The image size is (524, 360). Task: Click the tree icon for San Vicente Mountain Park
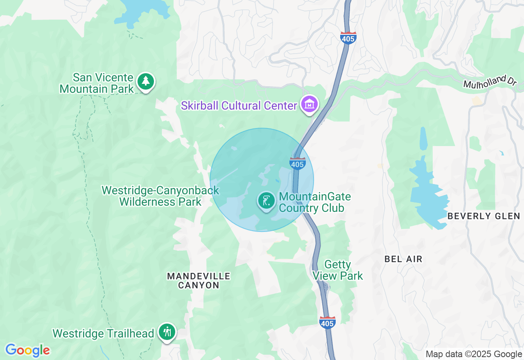145,81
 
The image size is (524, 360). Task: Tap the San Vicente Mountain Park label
97,83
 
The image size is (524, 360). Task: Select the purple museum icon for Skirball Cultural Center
309,104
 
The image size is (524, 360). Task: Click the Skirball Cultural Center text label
239,106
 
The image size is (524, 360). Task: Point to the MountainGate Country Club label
314,202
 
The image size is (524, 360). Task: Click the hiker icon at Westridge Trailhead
167,332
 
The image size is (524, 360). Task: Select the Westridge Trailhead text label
103,333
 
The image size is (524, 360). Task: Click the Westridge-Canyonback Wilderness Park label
160,196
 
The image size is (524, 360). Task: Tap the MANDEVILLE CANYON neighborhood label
199,281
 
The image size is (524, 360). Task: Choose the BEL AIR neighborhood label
403,259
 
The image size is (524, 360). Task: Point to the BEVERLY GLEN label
483,216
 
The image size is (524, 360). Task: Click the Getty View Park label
338,270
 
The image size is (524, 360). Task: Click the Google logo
27,350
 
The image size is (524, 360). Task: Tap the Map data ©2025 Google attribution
474,354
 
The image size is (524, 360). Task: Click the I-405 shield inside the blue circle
297,163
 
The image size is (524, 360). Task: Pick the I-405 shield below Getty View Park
327,322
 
